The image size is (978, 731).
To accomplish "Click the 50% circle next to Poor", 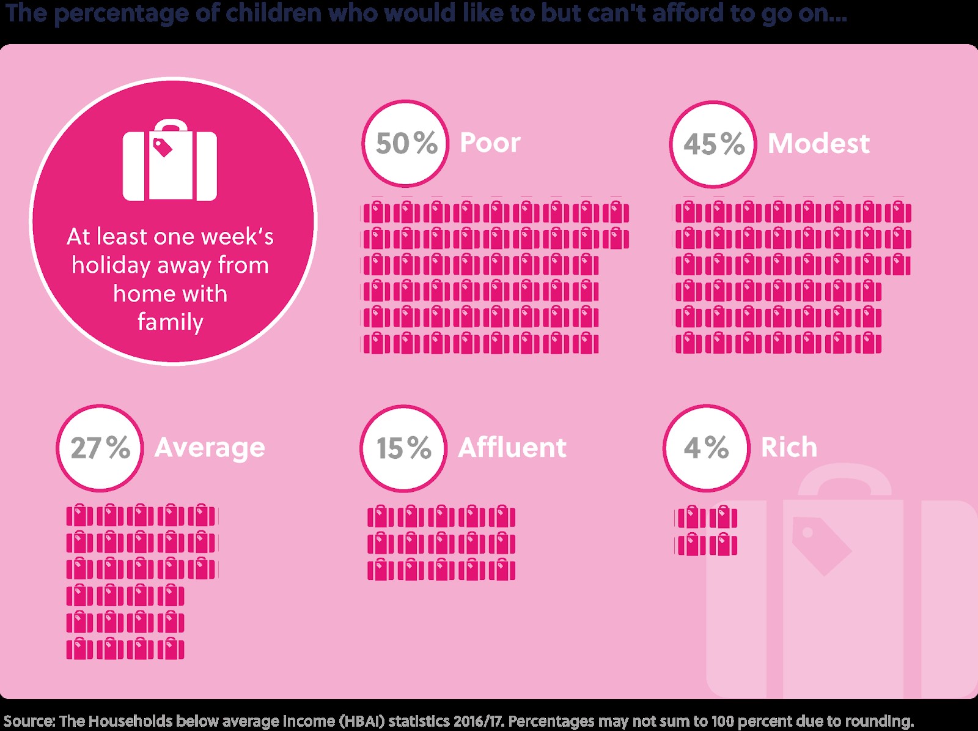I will (405, 144).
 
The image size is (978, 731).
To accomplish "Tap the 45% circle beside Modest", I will (713, 144).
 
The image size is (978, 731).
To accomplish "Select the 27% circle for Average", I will (100, 448).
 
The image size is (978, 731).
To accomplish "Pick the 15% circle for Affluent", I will (403, 448).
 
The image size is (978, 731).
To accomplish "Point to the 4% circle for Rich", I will (706, 448).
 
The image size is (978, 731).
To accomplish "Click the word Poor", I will (490, 143).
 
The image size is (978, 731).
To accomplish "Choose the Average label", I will (210, 448).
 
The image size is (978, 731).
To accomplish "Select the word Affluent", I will (512, 448).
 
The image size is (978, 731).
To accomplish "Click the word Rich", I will (789, 448).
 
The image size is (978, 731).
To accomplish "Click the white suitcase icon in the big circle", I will (170, 162).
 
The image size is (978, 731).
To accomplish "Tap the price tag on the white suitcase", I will (163, 147).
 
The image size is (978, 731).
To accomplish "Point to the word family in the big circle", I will (170, 322).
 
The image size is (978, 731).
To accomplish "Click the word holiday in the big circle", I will (110, 265).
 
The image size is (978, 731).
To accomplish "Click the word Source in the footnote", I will (28, 721).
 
